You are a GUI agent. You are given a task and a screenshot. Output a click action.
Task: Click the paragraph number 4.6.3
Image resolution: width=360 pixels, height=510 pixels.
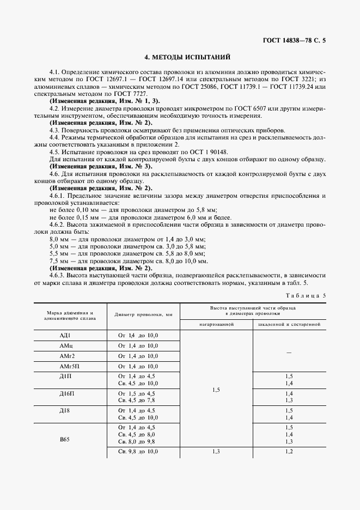pyautogui.click(x=59, y=275)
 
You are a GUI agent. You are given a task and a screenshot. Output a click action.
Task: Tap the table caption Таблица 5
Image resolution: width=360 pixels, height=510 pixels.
pyautogui.click(x=305, y=295)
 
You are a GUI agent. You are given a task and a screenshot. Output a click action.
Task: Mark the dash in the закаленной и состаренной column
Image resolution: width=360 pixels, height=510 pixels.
pyautogui.click(x=289, y=353)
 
